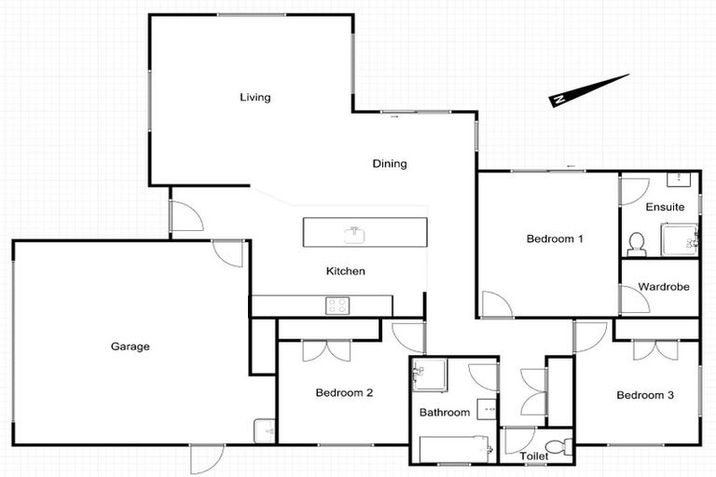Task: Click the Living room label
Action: coord(255,97)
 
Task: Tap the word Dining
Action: coord(390,164)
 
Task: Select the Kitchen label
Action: coord(344,272)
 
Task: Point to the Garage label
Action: coord(131,347)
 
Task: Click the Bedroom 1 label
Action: coord(555,238)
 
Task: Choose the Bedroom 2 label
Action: coord(344,393)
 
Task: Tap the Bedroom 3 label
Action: coord(645,395)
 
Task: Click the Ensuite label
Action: coord(665,207)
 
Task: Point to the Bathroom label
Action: coord(444,413)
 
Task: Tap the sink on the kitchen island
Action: coord(353,232)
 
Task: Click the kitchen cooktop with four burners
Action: coord(336,305)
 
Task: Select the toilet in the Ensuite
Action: coord(637,243)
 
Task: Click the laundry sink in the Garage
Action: coord(264,429)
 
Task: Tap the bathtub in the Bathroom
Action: coord(456,449)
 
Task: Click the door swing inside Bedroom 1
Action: coord(494,305)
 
